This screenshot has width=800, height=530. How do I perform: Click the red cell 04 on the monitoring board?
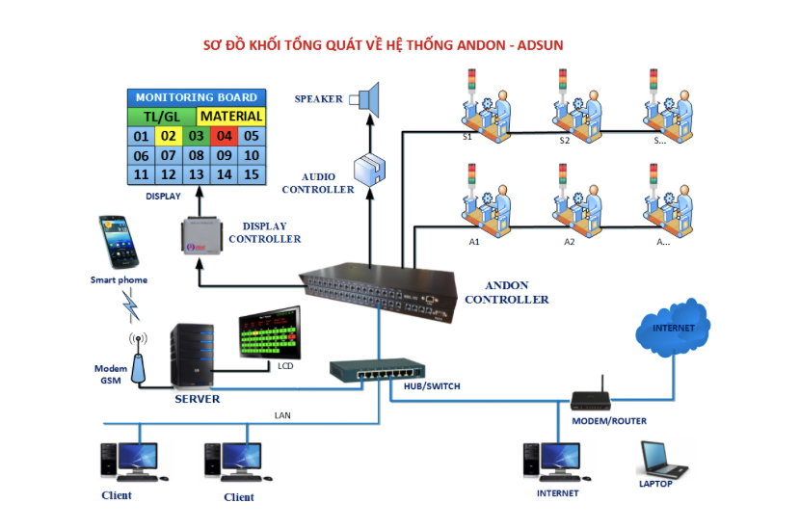click(224, 136)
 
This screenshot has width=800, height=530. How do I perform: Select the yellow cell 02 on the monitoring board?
click(169, 136)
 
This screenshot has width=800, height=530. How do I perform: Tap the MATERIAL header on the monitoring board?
click(230, 117)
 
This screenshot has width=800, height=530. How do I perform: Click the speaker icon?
click(369, 97)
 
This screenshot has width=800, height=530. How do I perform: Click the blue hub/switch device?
click(376, 369)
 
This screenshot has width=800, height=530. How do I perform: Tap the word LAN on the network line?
click(282, 416)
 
